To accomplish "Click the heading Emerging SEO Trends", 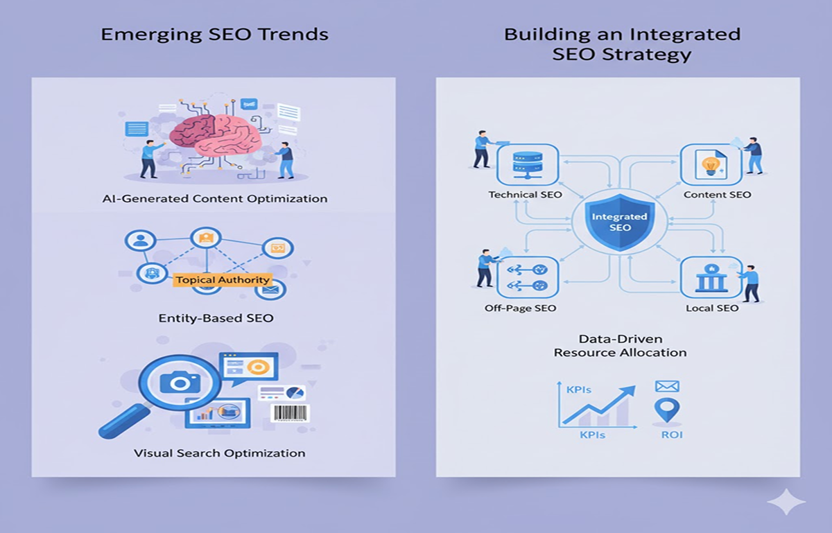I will (214, 34).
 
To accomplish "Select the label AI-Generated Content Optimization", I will (214, 199).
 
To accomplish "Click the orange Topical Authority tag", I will (223, 280).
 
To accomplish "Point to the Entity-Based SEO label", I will (216, 318).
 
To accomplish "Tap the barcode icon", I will (290, 413).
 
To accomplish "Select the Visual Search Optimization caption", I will (219, 453).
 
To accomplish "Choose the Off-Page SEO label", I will (520, 308).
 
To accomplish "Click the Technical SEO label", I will (525, 195).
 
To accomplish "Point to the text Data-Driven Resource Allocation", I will (620, 346).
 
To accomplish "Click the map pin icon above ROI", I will (667, 410).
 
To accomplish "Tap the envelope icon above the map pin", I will (667, 387).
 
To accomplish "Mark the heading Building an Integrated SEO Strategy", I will (622, 44).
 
